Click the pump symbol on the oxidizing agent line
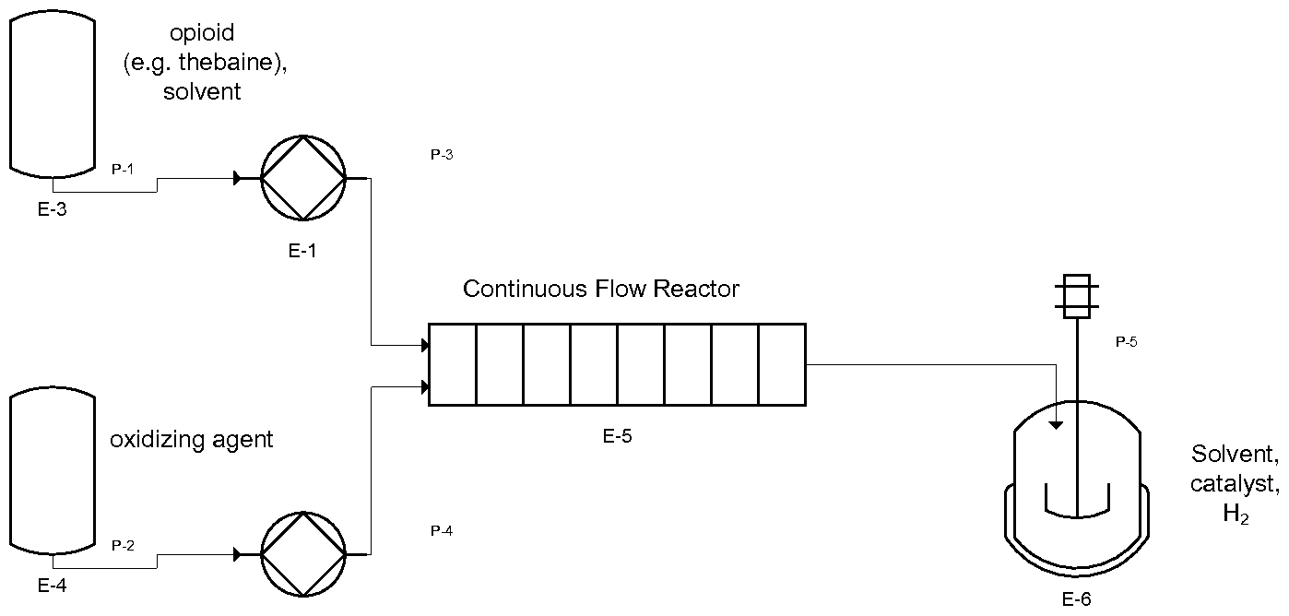point(302,554)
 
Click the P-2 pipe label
point(123,545)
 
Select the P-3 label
point(442,154)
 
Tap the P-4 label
point(442,530)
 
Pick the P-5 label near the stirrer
point(1126,341)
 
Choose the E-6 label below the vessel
point(1076,599)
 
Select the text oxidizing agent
point(192,439)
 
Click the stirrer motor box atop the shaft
point(1077,295)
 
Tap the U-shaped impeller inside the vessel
point(1077,503)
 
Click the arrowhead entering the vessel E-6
point(1058,424)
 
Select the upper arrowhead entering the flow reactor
point(425,346)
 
